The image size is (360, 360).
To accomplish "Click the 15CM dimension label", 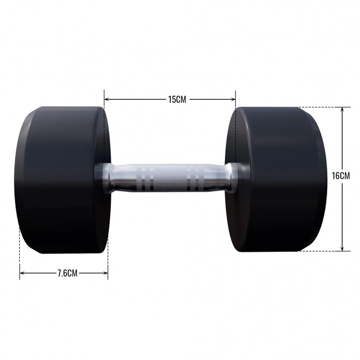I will [176, 99].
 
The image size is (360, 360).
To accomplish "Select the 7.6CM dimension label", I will [67, 273].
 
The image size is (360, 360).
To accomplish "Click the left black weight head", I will [60, 179].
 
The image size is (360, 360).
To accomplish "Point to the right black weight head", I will [278, 179].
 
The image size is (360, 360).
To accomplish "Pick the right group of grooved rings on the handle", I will [195, 178].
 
